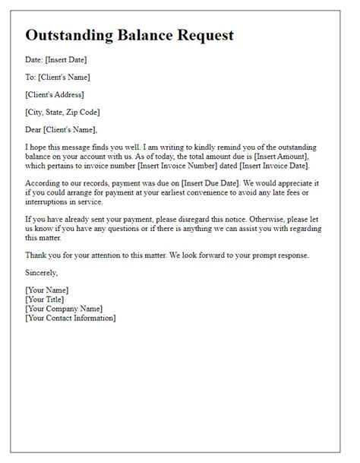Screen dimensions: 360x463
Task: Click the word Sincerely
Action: [x=41, y=271]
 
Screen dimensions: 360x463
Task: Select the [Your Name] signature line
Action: [x=46, y=290]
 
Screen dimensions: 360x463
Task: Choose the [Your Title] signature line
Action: [x=46, y=299]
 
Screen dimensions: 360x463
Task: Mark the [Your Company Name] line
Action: [x=63, y=308]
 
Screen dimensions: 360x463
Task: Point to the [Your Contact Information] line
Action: [x=70, y=317]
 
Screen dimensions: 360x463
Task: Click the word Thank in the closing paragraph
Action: [x=36, y=254]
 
